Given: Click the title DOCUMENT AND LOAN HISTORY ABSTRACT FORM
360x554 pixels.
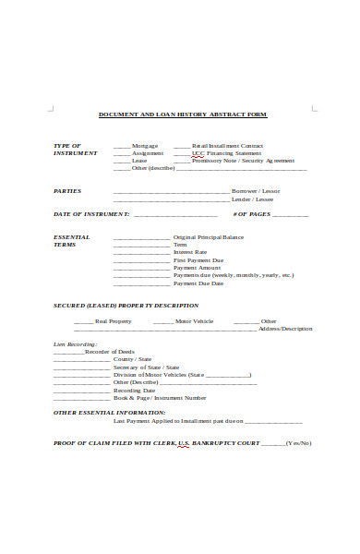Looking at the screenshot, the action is (182, 114).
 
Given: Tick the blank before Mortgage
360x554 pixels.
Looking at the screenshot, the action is (121, 146).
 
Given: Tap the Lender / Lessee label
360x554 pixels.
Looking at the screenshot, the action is (252, 199).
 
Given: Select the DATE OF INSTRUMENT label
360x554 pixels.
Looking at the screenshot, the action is (91, 214).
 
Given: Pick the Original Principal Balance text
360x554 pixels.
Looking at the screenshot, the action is (209, 237).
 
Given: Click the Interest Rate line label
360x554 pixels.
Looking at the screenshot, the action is (190, 252).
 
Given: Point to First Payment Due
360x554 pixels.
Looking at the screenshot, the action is (198, 260).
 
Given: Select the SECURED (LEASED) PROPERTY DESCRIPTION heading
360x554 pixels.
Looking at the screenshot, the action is (126, 305).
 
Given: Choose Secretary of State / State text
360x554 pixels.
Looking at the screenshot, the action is (146, 367).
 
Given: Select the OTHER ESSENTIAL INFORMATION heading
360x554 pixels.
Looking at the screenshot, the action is (110, 412).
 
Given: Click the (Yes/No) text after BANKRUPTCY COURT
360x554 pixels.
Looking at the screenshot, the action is (298, 442).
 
